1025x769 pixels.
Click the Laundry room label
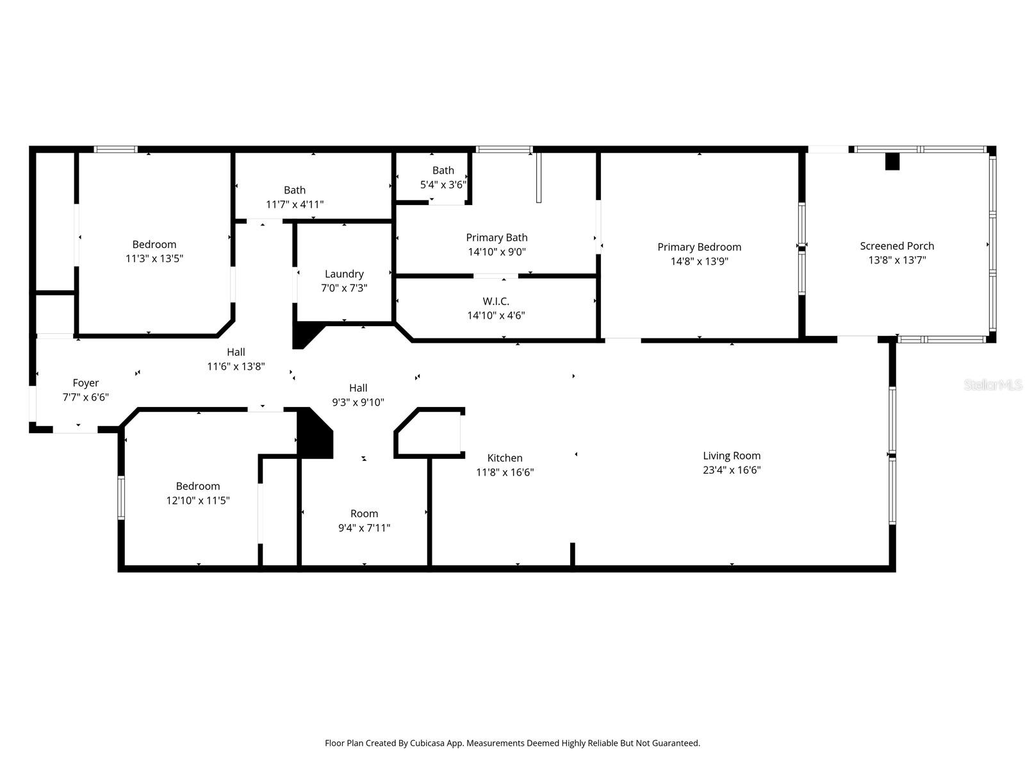344,274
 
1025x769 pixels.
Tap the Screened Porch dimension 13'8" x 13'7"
897,260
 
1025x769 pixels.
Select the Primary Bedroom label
699,247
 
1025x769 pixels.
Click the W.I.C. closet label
496,301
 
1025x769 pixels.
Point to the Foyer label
85,383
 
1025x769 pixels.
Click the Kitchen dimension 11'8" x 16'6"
505,472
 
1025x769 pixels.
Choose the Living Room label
732,456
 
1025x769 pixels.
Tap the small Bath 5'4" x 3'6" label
443,170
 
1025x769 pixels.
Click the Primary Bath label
496,238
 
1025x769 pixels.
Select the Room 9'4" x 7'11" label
364,514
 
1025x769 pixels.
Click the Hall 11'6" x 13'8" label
236,352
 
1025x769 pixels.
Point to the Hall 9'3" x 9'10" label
358,388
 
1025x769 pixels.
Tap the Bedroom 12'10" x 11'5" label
198,486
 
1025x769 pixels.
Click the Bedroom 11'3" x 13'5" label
154,245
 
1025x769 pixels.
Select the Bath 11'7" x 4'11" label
295,190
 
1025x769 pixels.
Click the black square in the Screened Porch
892,161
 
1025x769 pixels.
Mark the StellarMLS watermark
993,385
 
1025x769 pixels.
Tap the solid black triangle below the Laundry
304,335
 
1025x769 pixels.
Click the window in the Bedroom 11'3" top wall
115,149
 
